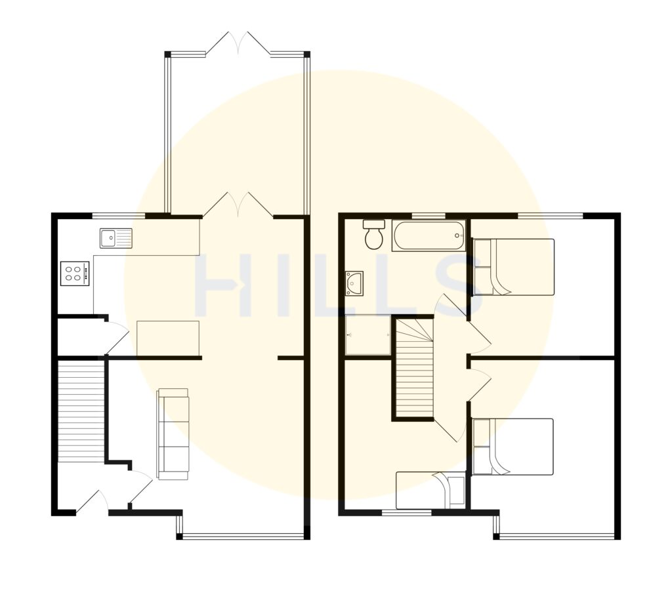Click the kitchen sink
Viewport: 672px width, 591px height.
coord(117,238)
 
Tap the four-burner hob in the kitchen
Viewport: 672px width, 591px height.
coord(75,274)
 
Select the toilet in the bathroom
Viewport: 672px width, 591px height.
coord(373,234)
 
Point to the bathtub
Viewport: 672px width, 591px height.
coord(429,235)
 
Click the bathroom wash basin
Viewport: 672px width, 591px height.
coord(354,283)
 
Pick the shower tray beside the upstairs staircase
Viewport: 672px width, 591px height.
coord(368,335)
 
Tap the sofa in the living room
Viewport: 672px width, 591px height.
coord(173,434)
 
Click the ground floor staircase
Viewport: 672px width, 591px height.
coord(81,411)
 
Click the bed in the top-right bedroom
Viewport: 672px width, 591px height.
coord(513,267)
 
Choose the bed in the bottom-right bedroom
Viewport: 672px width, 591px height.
coord(513,447)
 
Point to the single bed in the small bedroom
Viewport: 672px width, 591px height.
coord(430,490)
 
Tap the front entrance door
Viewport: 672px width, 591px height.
coord(92,501)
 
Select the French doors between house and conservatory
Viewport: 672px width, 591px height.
coord(238,205)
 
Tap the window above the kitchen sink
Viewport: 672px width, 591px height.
coord(119,216)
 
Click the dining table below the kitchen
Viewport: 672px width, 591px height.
coord(168,338)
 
